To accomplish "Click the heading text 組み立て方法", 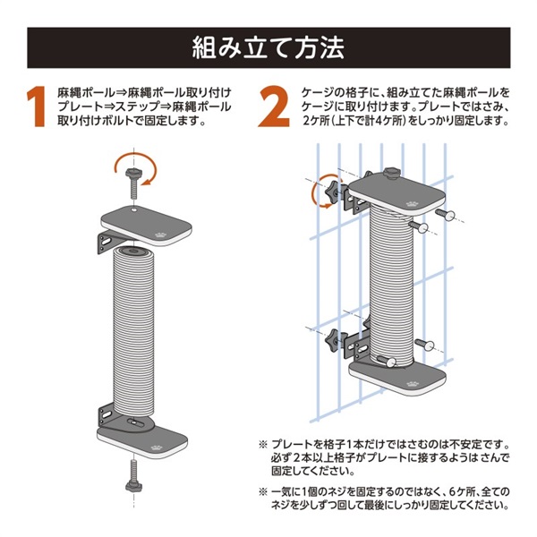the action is [x=268, y=48].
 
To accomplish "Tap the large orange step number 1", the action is [x=36, y=107].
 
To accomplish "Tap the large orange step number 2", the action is [x=274, y=107].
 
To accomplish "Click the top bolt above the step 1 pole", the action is [x=134, y=183].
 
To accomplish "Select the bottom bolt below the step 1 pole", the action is [x=134, y=477].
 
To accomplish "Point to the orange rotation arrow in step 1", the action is [x=135, y=168].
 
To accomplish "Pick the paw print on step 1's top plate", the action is [x=160, y=234].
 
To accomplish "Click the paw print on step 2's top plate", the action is [x=411, y=205].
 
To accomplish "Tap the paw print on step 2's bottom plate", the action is [x=412, y=384].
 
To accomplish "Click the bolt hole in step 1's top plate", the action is [x=134, y=209].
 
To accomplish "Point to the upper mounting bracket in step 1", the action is [x=108, y=242].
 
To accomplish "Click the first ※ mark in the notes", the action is [x=262, y=445].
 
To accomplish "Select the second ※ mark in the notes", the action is [x=262, y=492].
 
